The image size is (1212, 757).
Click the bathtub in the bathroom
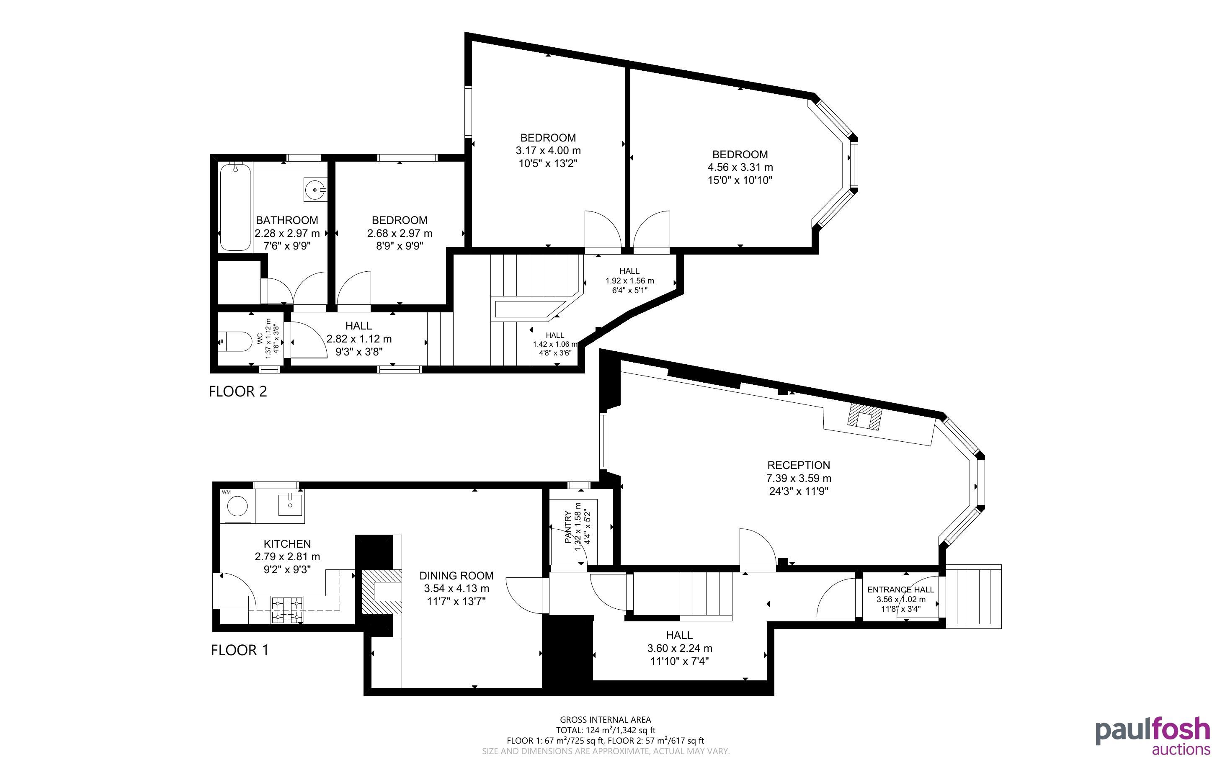click(235, 206)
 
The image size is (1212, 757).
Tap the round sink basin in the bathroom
click(315, 190)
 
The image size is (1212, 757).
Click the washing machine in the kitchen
click(237, 506)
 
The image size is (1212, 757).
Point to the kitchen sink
click(290, 504)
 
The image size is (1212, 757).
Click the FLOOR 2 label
click(238, 391)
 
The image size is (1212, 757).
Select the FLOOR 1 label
click(240, 650)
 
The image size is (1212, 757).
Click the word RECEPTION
click(799, 465)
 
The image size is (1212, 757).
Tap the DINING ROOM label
click(456, 576)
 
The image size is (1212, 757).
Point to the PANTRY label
click(568, 527)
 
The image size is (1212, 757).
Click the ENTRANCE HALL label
click(900, 590)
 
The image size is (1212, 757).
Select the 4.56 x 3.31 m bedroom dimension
click(740, 167)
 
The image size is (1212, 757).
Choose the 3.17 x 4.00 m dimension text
click(548, 151)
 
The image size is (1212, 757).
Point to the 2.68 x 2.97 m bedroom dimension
click(400, 233)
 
